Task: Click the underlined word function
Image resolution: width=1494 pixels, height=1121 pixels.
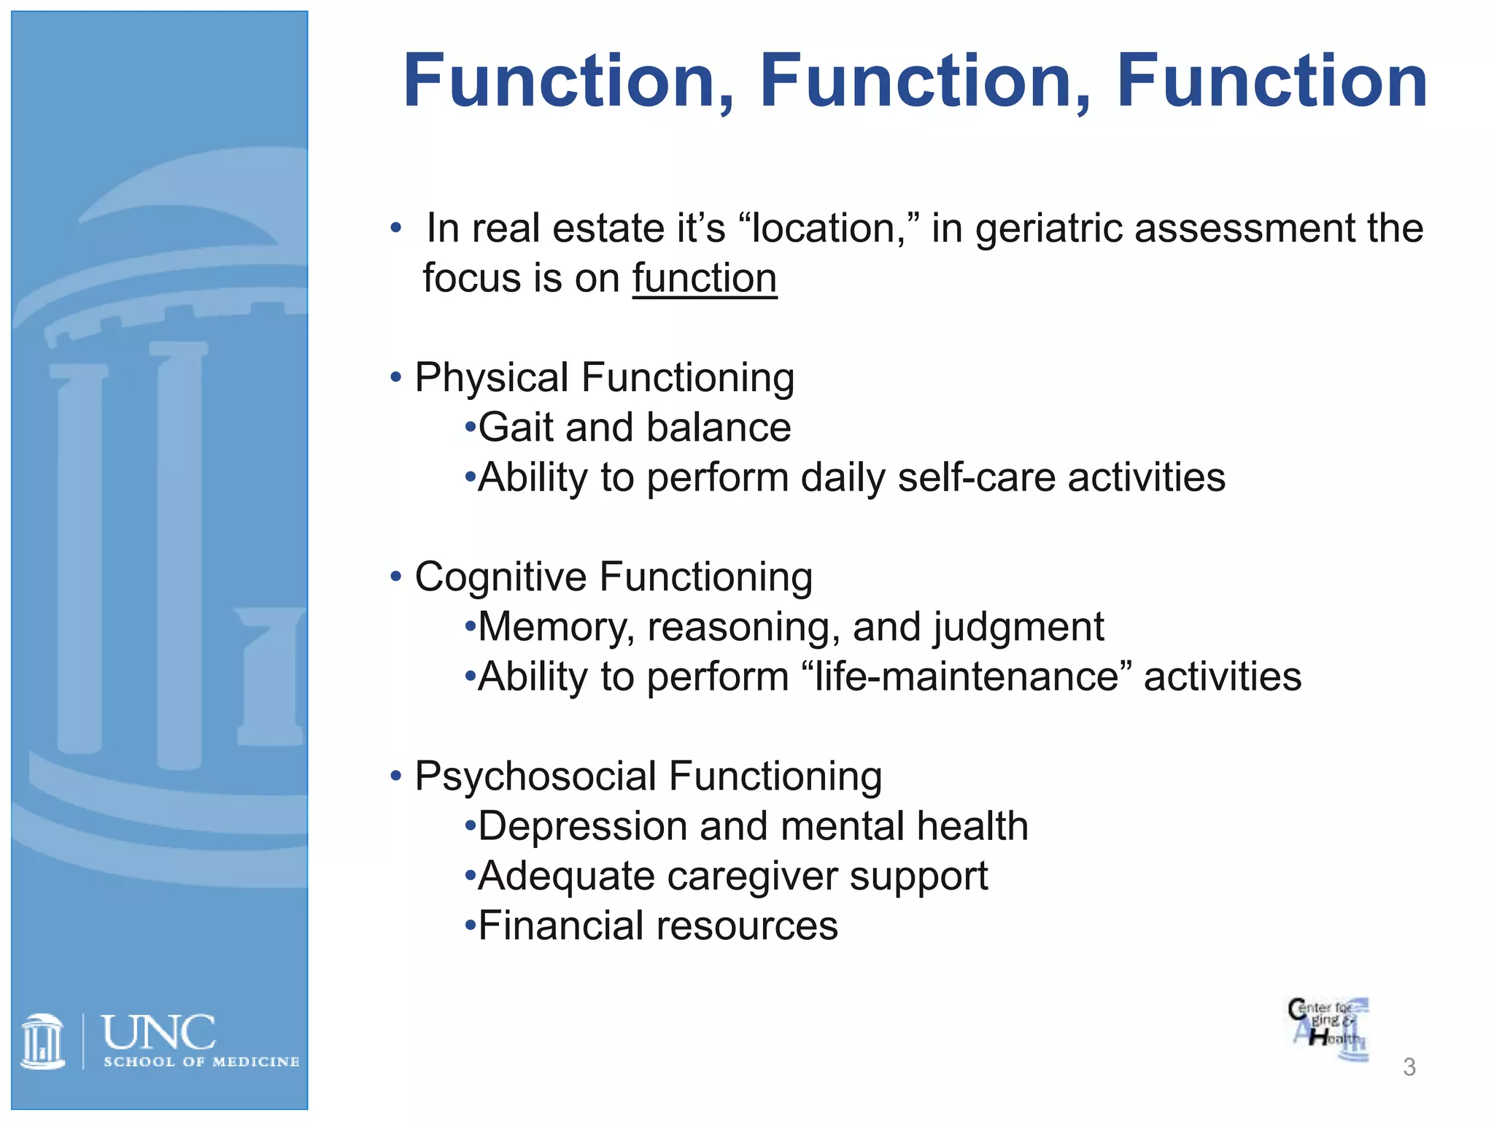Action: [704, 279]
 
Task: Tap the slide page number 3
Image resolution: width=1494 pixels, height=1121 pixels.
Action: [1409, 1067]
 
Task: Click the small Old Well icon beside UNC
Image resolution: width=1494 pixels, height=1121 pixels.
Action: [43, 1041]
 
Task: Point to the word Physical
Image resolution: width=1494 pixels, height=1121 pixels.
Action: [491, 378]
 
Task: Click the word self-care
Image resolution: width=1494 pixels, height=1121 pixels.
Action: [976, 478]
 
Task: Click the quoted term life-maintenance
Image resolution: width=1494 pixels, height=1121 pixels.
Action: [967, 677]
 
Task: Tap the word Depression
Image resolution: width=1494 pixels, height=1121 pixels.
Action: [582, 826]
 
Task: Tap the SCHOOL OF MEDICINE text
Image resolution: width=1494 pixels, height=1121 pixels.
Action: [201, 1062]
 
